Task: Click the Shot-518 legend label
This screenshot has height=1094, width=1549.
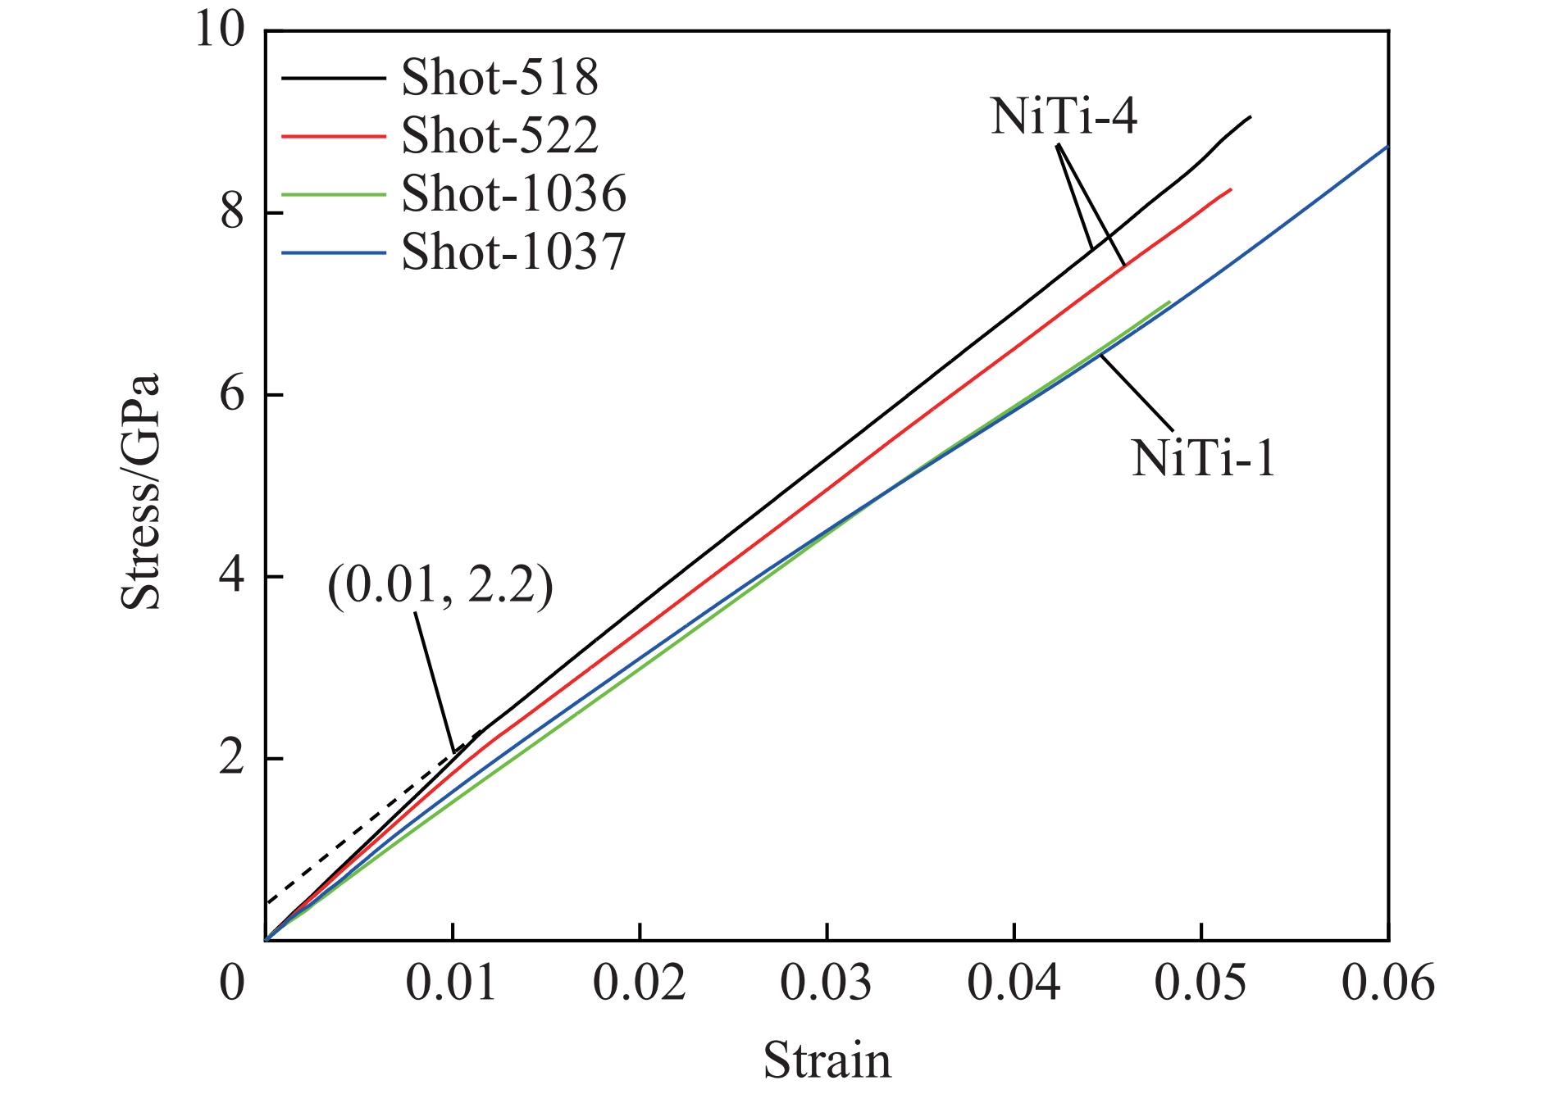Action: tap(499, 79)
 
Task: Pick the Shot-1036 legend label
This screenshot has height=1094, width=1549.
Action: tap(514, 194)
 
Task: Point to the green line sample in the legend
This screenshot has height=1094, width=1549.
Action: tap(333, 194)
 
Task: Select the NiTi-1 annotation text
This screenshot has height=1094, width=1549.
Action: tap(1203, 459)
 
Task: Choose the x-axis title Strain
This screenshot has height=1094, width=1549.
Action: tap(827, 1060)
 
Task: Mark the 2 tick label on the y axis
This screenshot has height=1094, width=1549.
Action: tap(234, 759)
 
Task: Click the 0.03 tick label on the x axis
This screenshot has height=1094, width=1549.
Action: tap(827, 983)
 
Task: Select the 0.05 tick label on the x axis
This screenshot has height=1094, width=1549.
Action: tap(1201, 983)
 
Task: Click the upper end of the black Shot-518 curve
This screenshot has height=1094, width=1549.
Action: tap(1251, 116)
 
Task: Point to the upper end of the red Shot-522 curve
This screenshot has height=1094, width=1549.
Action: tap(1231, 189)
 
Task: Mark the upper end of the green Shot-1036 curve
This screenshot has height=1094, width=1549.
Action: tap(1169, 302)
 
